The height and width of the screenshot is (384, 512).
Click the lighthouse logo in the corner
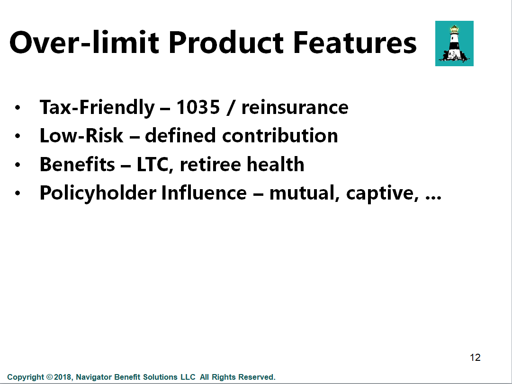(x=454, y=44)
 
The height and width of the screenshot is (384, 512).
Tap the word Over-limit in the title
(x=84, y=43)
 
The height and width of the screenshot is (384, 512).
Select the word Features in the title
(x=355, y=43)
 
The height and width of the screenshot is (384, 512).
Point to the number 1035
(x=198, y=107)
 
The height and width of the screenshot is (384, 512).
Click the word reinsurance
(x=295, y=107)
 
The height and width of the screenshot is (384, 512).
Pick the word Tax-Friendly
(x=97, y=108)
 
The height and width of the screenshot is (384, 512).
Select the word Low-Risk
(x=81, y=135)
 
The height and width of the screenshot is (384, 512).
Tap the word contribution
(x=280, y=135)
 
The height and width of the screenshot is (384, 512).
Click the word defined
(x=180, y=135)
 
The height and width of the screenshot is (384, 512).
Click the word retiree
(x=210, y=164)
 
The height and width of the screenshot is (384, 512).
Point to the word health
(x=276, y=164)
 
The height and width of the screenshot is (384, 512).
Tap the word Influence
(x=204, y=192)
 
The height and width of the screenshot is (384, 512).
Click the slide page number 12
(x=475, y=358)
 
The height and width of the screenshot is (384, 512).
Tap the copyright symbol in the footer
(x=50, y=377)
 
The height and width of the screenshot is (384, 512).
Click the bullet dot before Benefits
(x=18, y=165)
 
